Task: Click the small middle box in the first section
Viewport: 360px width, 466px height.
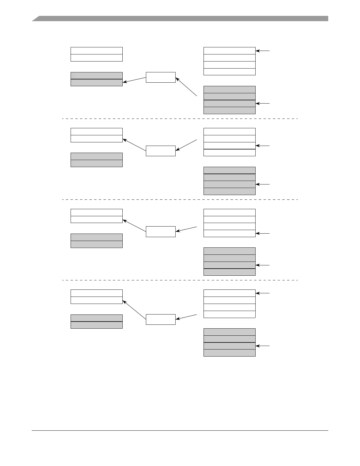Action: (x=161, y=77)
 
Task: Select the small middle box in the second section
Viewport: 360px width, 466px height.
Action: (x=161, y=151)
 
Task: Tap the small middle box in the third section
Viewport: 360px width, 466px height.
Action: (x=161, y=232)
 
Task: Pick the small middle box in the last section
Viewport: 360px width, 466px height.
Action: (x=161, y=319)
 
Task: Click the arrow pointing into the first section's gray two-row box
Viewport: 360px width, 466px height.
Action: (x=134, y=80)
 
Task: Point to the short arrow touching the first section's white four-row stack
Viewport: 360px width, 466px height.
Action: (x=263, y=51)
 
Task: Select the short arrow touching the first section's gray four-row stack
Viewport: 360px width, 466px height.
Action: (x=263, y=104)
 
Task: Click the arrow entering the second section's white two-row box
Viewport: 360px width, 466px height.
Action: (x=134, y=145)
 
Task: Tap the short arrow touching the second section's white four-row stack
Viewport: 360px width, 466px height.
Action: (x=263, y=146)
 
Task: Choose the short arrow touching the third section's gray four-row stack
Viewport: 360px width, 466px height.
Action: (x=263, y=265)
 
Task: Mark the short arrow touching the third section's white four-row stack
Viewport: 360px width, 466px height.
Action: (x=263, y=234)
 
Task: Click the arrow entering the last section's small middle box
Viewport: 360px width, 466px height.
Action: (x=186, y=317)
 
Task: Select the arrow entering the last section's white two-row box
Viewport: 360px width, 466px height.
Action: (x=134, y=310)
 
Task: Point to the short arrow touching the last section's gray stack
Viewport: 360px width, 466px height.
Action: (x=263, y=346)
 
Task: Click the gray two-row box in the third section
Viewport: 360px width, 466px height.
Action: (x=96, y=241)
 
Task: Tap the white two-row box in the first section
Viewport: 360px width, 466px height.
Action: (x=96, y=54)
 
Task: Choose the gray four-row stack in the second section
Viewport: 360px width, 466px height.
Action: (x=229, y=181)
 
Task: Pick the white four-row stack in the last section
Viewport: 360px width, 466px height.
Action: (x=229, y=304)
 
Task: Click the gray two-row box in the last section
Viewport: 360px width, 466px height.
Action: (x=96, y=322)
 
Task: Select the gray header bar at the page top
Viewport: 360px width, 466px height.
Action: (x=180, y=19)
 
